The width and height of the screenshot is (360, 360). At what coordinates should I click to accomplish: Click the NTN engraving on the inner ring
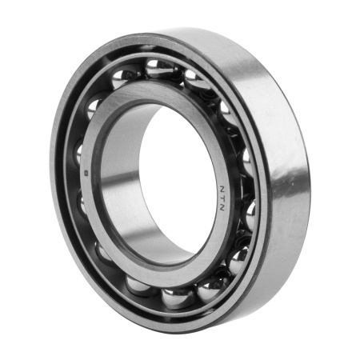click(222, 198)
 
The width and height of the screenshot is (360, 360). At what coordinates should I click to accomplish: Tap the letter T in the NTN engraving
click(222, 198)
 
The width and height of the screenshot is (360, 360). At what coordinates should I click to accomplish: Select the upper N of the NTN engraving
click(222, 189)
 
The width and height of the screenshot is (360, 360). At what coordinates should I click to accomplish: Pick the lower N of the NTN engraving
click(222, 208)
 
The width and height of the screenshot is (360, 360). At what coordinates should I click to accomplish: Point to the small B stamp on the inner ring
click(86, 174)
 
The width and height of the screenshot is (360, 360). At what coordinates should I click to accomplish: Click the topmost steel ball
click(159, 69)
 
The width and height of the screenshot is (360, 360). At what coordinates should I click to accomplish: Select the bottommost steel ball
click(174, 298)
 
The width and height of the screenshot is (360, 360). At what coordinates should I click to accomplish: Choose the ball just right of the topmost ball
click(196, 80)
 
